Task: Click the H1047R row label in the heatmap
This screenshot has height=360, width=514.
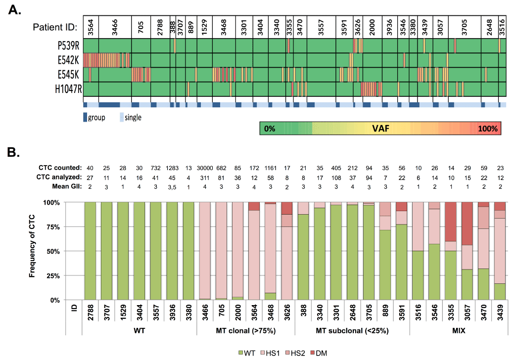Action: [69, 90]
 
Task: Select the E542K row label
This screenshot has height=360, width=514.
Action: [69, 60]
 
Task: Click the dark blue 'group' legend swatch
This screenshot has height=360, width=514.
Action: [85, 117]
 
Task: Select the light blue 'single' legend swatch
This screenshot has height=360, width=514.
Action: [121, 117]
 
